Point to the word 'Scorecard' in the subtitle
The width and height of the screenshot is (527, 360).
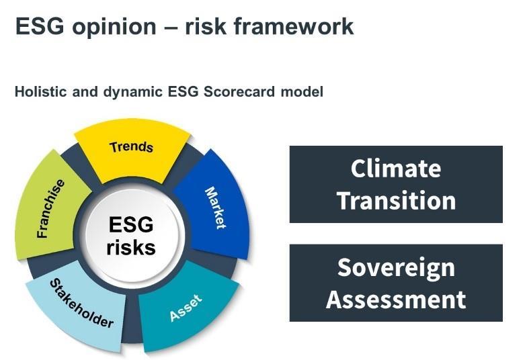[x=245, y=92]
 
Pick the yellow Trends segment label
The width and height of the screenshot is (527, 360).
[x=131, y=147]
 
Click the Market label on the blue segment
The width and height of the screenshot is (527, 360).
[x=215, y=208]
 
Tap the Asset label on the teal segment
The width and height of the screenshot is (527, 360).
[x=186, y=306]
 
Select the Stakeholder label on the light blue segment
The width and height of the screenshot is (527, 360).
[x=81, y=304]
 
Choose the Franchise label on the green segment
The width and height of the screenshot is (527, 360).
[x=51, y=208]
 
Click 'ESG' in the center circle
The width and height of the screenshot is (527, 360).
[x=131, y=224]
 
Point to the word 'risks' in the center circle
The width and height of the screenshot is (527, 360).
[x=131, y=247]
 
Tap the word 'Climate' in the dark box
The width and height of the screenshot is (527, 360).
[x=396, y=168]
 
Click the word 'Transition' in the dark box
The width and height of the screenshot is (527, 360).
[x=396, y=200]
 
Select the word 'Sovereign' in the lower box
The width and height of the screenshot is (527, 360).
[x=396, y=267]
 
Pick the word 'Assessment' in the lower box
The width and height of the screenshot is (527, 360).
[x=396, y=299]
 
